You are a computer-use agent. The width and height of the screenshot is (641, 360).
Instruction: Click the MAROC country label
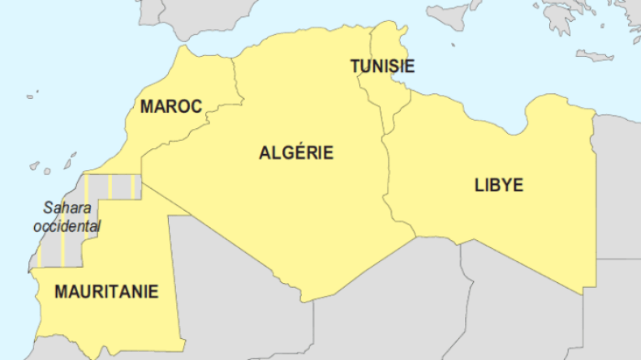pos(170,106)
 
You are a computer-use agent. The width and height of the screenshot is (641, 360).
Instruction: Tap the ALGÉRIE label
pos(296,152)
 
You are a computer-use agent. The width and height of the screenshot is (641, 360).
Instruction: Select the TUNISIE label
pos(383,66)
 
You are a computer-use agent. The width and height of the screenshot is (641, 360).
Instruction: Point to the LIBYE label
pos(498,185)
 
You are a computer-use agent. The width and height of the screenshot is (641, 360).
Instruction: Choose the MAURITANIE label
pos(106,292)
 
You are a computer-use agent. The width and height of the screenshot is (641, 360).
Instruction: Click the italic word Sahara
pos(67,208)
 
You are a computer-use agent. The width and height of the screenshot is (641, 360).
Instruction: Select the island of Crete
pos(595,55)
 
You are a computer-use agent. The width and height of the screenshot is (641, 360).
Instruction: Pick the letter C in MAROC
pos(195,106)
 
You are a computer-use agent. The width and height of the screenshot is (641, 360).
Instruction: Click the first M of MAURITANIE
pos(61,292)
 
